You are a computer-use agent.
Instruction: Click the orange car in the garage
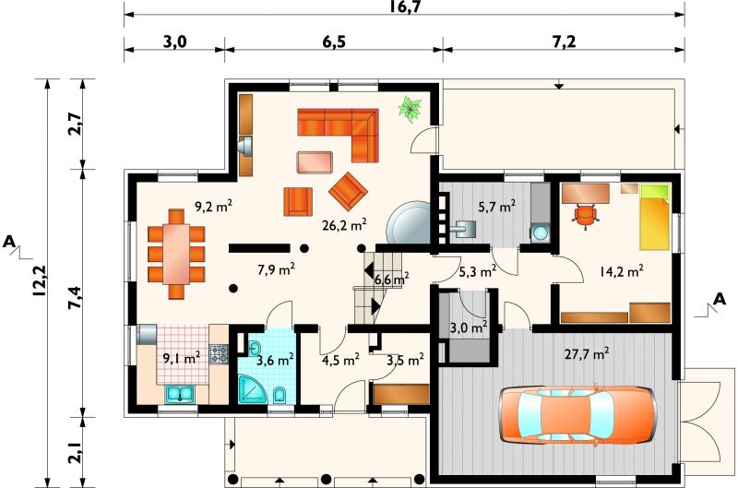(x=577, y=414)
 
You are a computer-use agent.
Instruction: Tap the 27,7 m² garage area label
(x=587, y=353)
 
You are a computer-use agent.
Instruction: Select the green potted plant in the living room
(x=410, y=109)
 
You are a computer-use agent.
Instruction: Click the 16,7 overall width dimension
(x=405, y=6)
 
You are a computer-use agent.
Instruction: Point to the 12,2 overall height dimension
(x=39, y=281)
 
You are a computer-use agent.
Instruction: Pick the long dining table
(x=176, y=253)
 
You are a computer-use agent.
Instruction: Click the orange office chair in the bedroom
(x=585, y=216)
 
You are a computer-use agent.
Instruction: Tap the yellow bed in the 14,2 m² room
(x=654, y=217)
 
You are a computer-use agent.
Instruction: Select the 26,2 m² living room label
(x=344, y=224)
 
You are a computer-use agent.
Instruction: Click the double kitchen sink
(x=180, y=393)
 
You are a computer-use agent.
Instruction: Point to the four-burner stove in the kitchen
(x=219, y=354)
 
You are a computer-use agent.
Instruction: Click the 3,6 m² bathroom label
(x=276, y=360)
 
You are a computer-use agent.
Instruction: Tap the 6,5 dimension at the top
(x=334, y=42)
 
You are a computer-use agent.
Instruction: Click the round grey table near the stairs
(x=409, y=222)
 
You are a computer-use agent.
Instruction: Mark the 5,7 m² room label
(x=497, y=206)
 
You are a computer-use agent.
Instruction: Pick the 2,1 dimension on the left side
(x=76, y=451)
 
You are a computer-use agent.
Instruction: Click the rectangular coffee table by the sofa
(x=315, y=162)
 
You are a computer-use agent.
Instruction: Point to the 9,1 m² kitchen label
(x=182, y=358)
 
